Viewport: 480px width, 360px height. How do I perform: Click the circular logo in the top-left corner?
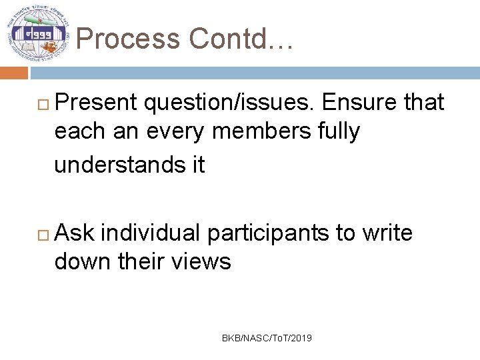coord(38,33)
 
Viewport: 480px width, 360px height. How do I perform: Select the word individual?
coord(151,233)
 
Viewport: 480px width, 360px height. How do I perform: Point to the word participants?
coord(268,233)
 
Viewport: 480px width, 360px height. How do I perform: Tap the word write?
coord(387,233)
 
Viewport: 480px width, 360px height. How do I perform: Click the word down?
coord(83,262)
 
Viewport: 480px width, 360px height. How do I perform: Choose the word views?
coord(201,262)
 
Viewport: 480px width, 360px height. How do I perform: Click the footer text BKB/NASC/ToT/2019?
coord(267,339)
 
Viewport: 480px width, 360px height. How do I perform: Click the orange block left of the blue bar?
coord(13,73)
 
